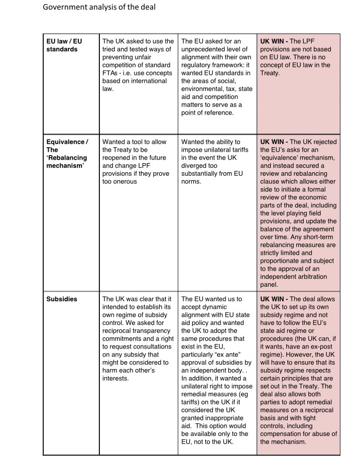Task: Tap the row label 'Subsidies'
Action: (x=62, y=299)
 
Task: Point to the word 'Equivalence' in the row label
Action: (x=65, y=142)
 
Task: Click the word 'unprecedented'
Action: (x=203, y=49)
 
